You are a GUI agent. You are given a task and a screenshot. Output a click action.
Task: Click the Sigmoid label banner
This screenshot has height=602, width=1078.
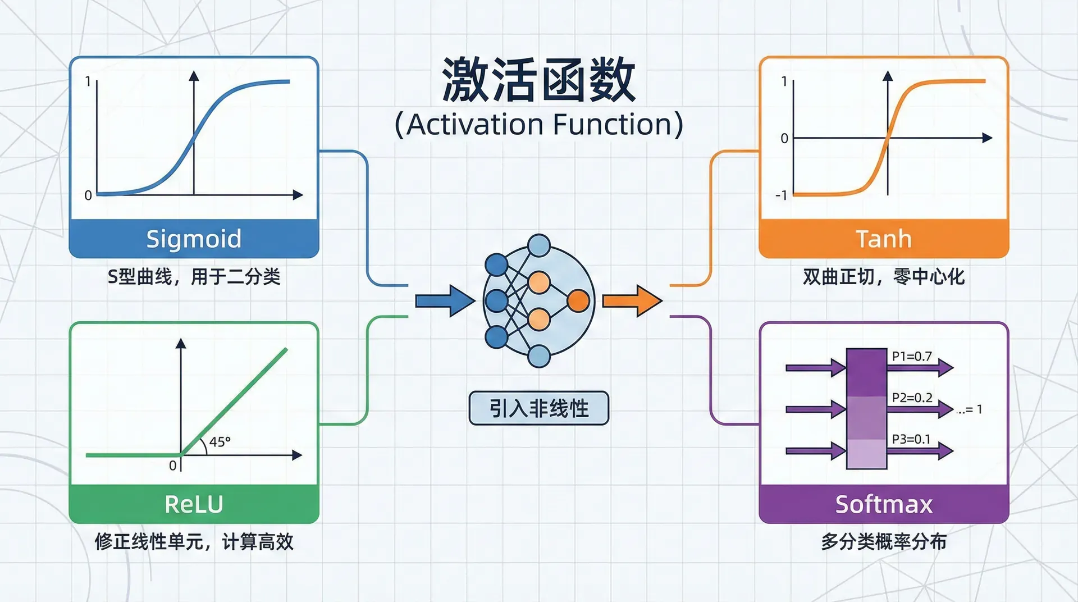point(194,239)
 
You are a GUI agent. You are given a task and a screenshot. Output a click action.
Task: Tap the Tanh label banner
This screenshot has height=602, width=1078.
point(883,239)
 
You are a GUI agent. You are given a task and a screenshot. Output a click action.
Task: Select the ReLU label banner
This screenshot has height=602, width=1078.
point(194,504)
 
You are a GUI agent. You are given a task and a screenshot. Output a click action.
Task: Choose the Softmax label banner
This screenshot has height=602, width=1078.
point(883,504)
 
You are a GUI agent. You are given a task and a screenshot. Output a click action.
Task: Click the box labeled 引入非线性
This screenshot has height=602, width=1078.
point(538,408)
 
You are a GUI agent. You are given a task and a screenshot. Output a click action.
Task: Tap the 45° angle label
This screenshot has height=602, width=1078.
point(220,442)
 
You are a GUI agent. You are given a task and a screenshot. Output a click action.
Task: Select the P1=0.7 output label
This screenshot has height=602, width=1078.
point(911,356)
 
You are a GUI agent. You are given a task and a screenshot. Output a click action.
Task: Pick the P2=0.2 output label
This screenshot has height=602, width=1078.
point(912,398)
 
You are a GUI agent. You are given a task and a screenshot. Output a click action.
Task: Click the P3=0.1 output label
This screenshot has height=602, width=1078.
point(911,439)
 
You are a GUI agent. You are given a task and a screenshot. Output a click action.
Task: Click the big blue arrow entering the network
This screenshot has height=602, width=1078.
point(444,301)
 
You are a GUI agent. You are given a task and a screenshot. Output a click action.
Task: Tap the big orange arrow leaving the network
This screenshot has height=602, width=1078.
point(632,301)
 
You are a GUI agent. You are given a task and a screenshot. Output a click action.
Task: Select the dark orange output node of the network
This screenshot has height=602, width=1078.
point(578,301)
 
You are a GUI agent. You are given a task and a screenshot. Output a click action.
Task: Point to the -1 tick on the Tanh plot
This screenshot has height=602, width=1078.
point(781,195)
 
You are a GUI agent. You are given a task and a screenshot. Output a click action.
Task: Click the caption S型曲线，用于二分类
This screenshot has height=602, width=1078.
point(194,276)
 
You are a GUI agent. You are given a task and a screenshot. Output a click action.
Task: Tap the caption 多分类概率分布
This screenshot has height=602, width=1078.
point(883,542)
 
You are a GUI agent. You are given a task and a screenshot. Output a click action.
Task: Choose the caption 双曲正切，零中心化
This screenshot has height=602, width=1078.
point(883,276)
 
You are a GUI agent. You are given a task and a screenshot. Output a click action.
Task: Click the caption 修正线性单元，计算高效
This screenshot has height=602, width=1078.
point(194,542)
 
